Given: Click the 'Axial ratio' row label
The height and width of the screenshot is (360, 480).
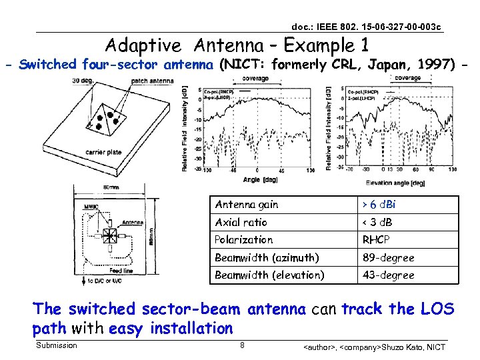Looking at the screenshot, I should pyautogui.click(x=241, y=222).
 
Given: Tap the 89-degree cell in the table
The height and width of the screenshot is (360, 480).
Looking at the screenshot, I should pyautogui.click(x=388, y=257).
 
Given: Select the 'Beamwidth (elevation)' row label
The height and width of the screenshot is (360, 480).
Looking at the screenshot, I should pyautogui.click(x=269, y=275).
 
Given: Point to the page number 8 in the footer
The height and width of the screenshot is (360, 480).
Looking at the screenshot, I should pyautogui.click(x=242, y=345).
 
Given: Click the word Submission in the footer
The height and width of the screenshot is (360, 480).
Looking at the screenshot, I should pyautogui.click(x=57, y=345).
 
